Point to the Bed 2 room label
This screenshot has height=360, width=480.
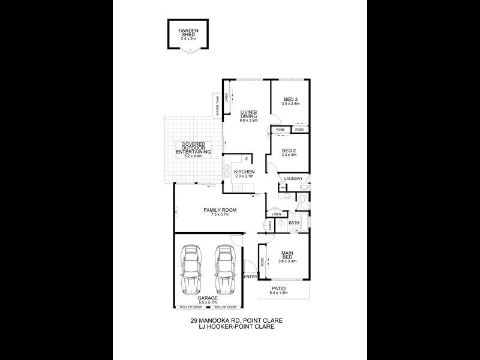290,151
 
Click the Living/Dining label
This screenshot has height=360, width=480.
248,115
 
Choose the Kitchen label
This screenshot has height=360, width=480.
244,173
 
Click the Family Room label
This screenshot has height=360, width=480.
220,210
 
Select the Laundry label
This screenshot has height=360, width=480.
293,178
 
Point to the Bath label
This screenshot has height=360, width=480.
294,223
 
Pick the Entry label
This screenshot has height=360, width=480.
250,277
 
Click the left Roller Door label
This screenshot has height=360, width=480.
191,308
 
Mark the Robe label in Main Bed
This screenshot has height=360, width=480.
262,262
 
